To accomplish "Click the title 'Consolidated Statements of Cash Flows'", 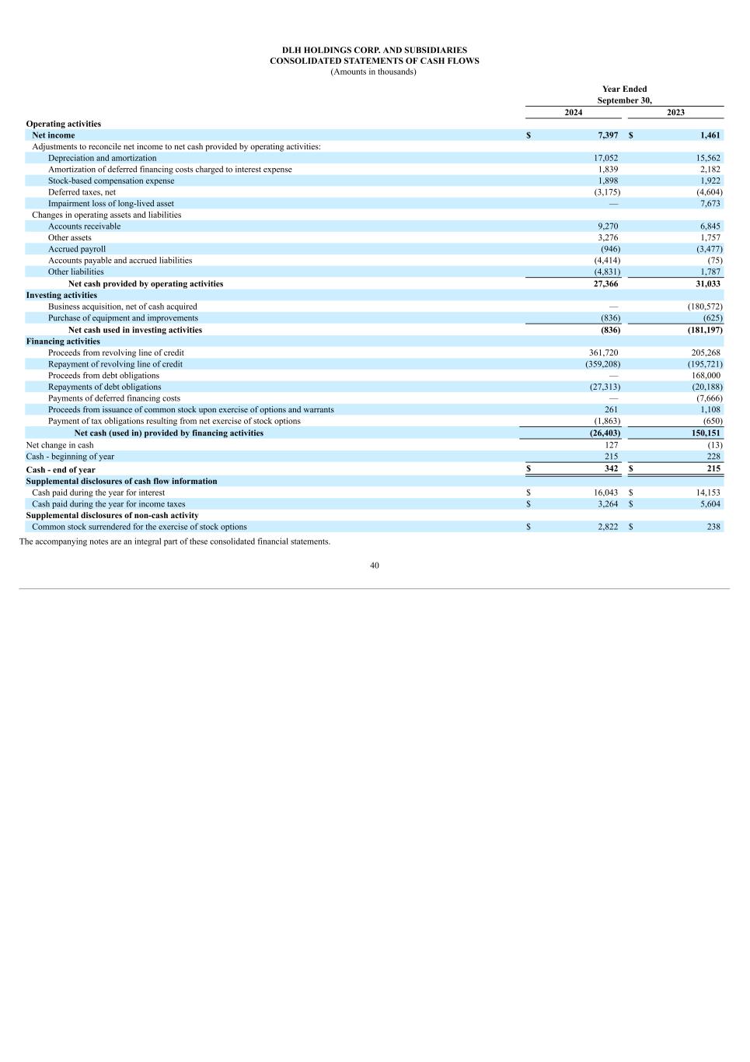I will (375, 61).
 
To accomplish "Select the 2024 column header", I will (573, 112).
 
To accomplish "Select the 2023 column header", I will (675, 112).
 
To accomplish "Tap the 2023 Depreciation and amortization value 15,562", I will (707, 158).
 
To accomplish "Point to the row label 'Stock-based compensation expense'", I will (111, 181).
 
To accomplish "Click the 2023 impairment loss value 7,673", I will (710, 203).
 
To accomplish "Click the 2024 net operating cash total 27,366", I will (605, 284).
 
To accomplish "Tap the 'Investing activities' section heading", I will (61, 296).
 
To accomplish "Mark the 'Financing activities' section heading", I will (63, 342).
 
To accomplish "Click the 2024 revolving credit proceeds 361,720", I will (603, 352).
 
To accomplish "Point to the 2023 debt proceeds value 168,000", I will (706, 375).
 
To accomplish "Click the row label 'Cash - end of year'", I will (61, 470).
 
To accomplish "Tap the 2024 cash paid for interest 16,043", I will (605, 492).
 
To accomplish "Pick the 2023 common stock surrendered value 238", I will (713, 527).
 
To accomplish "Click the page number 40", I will (375, 566).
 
